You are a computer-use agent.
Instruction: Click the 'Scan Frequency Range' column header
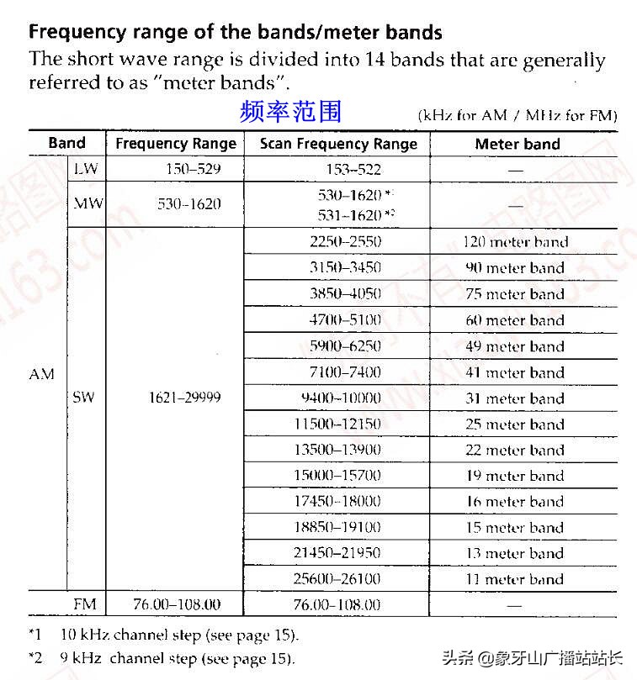[x=338, y=144]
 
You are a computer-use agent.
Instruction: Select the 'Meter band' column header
[x=517, y=144]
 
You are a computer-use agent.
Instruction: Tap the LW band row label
[x=86, y=169]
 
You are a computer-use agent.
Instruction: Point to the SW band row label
[x=83, y=397]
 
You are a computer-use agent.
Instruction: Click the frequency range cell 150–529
[x=194, y=169]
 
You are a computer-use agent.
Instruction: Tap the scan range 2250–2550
[x=345, y=242]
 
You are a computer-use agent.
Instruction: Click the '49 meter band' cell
[x=515, y=346]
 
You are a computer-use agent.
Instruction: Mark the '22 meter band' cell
[x=515, y=450]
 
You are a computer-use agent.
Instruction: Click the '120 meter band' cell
[x=516, y=242]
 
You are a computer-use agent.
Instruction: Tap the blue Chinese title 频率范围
[x=290, y=112]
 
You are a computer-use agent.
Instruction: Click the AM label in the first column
[x=41, y=375]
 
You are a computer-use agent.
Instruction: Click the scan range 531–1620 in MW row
[x=350, y=215]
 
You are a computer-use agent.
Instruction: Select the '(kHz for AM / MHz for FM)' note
[x=518, y=116]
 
